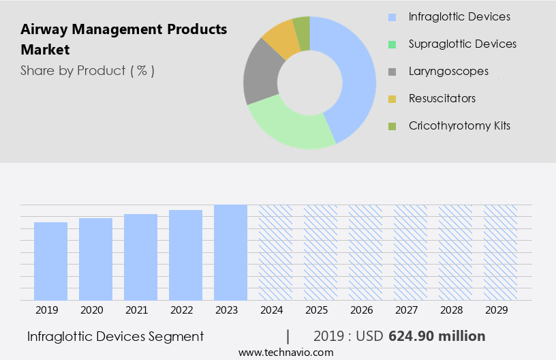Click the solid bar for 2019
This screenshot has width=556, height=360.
[x=50, y=261]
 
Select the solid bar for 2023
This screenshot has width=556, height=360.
[x=230, y=252]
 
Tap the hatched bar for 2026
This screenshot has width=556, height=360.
[x=365, y=252]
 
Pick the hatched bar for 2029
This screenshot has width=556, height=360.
[x=500, y=252]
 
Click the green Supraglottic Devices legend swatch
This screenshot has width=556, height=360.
[x=392, y=44]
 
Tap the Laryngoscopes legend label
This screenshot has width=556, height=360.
[x=448, y=71]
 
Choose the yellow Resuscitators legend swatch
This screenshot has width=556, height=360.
[x=392, y=99]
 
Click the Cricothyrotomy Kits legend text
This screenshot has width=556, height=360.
[x=459, y=125]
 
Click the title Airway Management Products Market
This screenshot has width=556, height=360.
[x=123, y=40]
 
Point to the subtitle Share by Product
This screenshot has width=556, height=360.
[x=87, y=70]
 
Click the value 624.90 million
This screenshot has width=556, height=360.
[x=437, y=336]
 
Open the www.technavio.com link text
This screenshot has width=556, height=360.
[x=285, y=352]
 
